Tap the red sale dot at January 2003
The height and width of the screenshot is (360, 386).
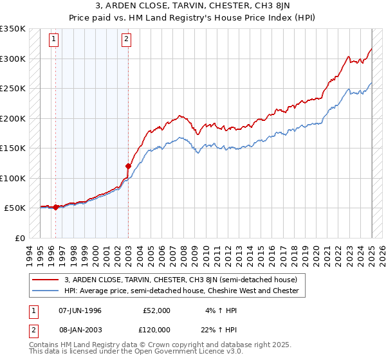pyautogui.click(x=128, y=166)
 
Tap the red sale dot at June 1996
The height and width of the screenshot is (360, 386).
pyautogui.click(x=56, y=207)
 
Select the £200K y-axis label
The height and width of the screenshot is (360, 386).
pyautogui.click(x=13, y=118)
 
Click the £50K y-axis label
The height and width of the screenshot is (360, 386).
pyautogui.click(x=15, y=208)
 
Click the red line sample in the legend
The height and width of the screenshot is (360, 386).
pyautogui.click(x=46, y=280)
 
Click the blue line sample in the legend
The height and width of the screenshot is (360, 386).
pyautogui.click(x=46, y=291)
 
